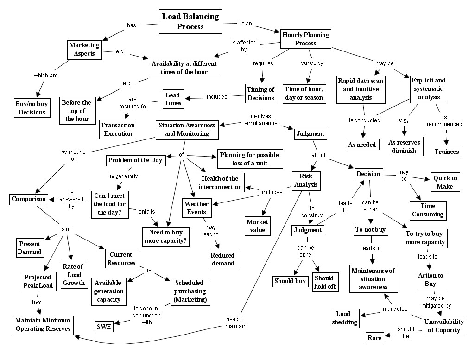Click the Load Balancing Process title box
190,22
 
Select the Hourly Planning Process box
305,39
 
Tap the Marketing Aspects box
84,49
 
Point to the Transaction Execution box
118,129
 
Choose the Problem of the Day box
135,160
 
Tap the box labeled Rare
374,338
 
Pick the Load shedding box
344,318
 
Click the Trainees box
447,152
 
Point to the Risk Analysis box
306,180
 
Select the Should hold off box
324,282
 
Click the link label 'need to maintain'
236,322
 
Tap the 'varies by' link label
312,63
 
